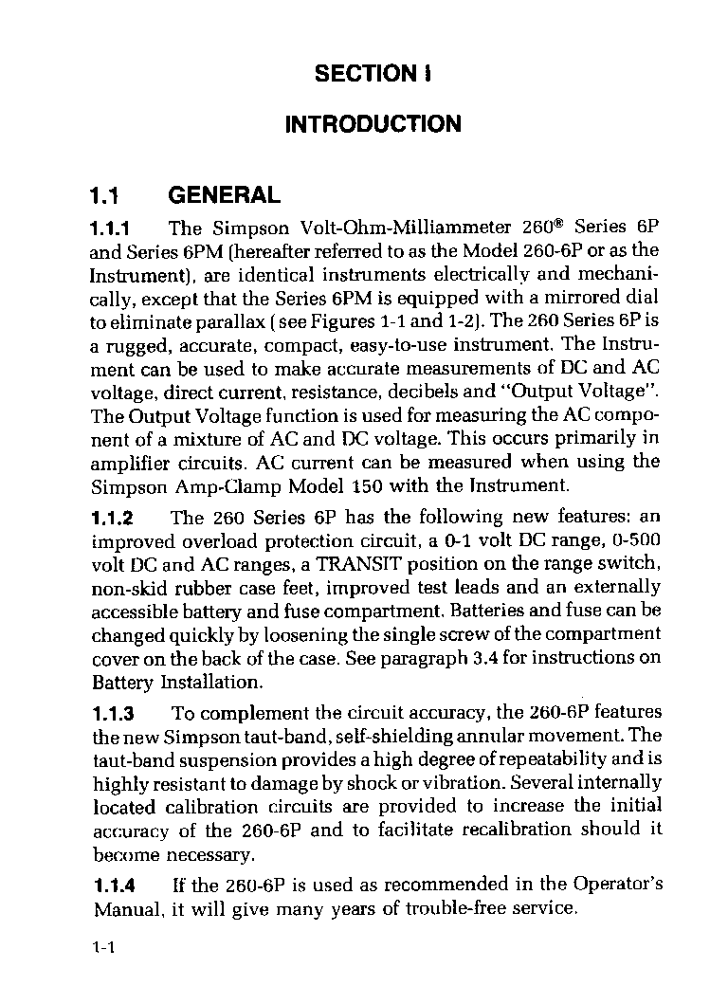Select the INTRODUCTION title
373,124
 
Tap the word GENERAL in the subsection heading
224,196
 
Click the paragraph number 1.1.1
111,228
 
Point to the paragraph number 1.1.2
111,518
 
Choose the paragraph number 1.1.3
111,713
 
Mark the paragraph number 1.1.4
111,886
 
